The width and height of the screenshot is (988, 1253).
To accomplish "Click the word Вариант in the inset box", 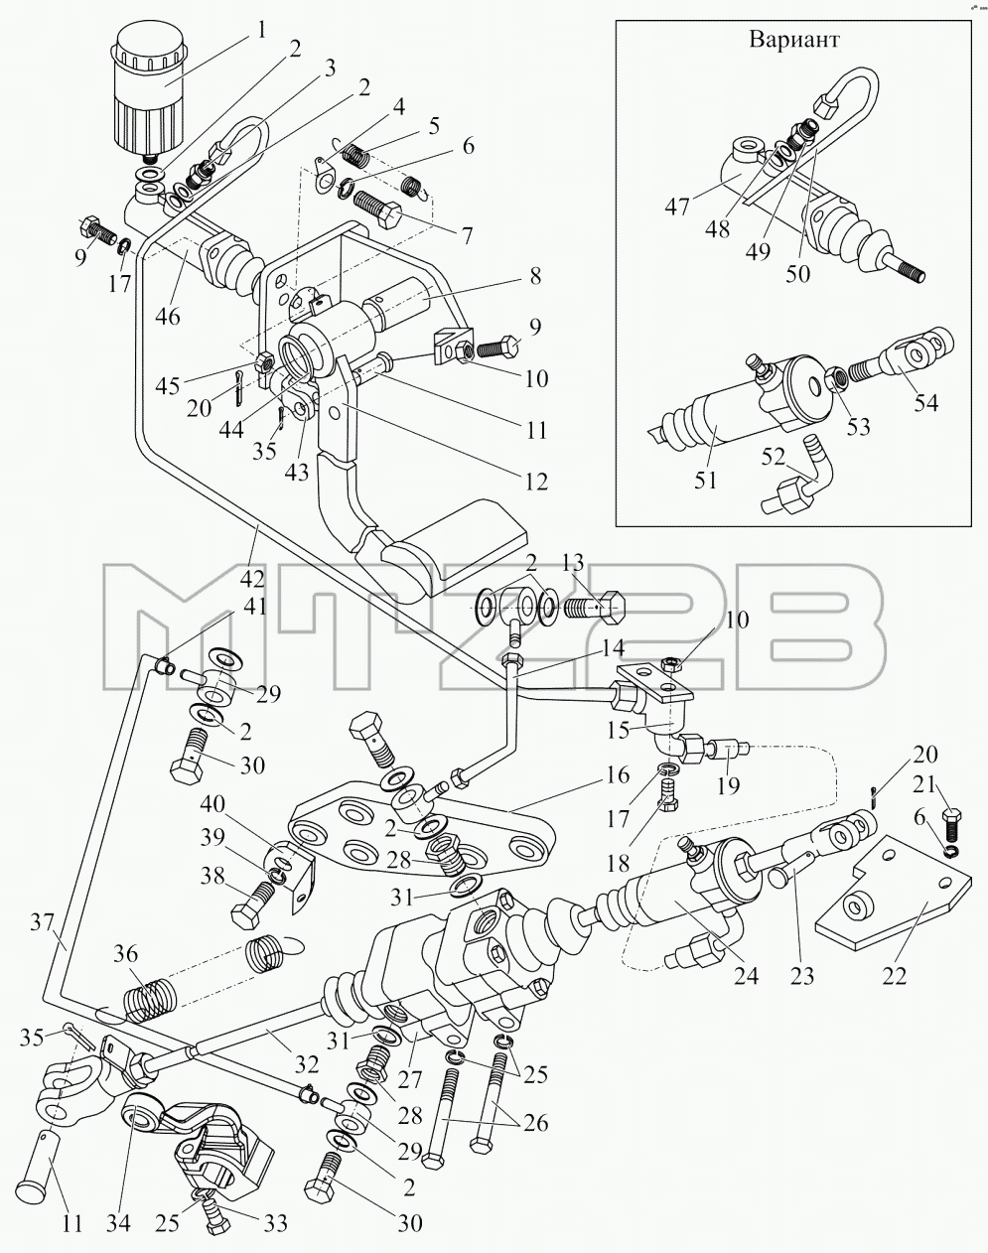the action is click(x=794, y=40).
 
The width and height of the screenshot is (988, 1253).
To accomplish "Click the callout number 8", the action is click(x=535, y=276).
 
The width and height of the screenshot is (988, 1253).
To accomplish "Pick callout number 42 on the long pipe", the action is click(x=252, y=578).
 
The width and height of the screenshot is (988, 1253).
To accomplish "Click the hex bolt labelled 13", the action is click(x=595, y=608).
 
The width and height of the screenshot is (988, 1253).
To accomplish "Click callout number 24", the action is click(x=747, y=975).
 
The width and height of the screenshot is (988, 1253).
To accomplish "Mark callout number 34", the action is click(x=119, y=1223).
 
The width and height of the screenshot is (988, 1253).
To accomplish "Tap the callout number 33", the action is click(x=274, y=1223).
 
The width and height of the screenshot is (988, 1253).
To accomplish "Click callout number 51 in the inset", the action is click(x=705, y=481).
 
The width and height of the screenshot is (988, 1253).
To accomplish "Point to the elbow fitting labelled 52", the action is click(x=798, y=480).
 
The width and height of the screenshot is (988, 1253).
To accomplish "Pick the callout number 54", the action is click(x=926, y=402).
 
